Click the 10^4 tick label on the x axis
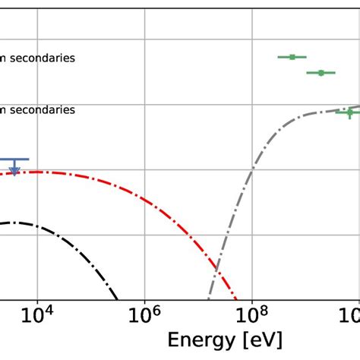36,314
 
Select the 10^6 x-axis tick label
144,314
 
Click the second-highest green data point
321,73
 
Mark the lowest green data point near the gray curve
349,112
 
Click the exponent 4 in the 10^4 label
46,308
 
